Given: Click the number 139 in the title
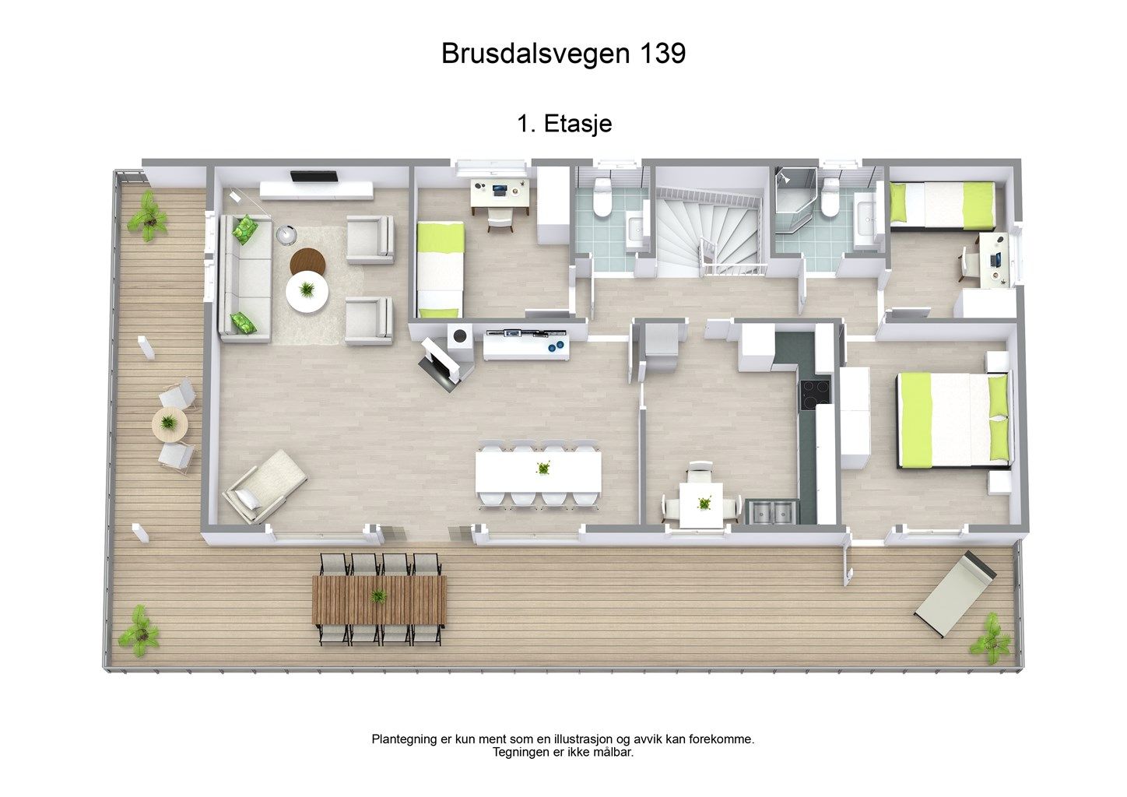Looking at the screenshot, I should [x=662, y=54].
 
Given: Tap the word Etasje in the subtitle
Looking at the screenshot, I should [x=578, y=124].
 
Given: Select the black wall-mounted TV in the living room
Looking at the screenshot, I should [x=314, y=176].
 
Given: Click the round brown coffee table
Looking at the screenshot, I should [x=306, y=259].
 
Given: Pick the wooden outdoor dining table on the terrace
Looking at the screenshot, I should [x=380, y=599].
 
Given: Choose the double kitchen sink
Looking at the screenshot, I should [x=771, y=511].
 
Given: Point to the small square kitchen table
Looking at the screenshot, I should [x=701, y=504].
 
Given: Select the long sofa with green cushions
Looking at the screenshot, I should [x=244, y=278].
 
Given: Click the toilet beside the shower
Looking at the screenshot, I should [x=831, y=198].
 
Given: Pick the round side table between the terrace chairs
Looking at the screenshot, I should [x=168, y=423].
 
